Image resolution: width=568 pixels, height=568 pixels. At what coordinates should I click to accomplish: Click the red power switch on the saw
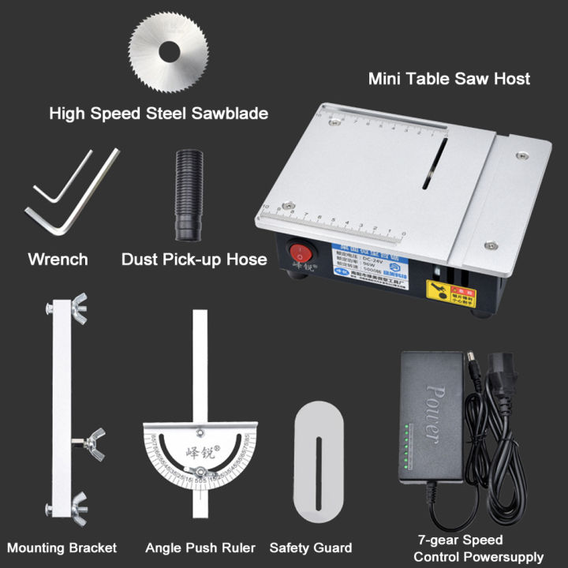[x=300, y=254]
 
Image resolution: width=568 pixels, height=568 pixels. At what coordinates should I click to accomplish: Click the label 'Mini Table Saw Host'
[x=449, y=79]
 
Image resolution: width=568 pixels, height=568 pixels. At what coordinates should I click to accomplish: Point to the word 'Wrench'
[x=58, y=259]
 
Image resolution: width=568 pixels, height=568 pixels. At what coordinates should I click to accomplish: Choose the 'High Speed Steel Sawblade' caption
[x=159, y=114]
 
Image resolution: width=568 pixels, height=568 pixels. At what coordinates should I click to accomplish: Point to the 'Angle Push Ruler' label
[x=200, y=547]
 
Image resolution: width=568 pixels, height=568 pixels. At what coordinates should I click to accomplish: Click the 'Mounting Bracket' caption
[x=62, y=547]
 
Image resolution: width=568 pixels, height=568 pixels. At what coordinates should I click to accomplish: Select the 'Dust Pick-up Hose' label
[x=194, y=259]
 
